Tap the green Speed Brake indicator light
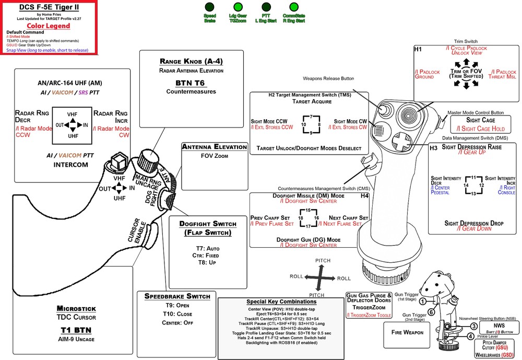209,7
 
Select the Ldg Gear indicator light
238,7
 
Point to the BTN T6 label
192,82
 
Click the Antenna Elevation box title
215,147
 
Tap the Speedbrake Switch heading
177,296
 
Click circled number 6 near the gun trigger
431,312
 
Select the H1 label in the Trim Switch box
418,49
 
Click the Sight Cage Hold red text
481,129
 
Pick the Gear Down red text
474,228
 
